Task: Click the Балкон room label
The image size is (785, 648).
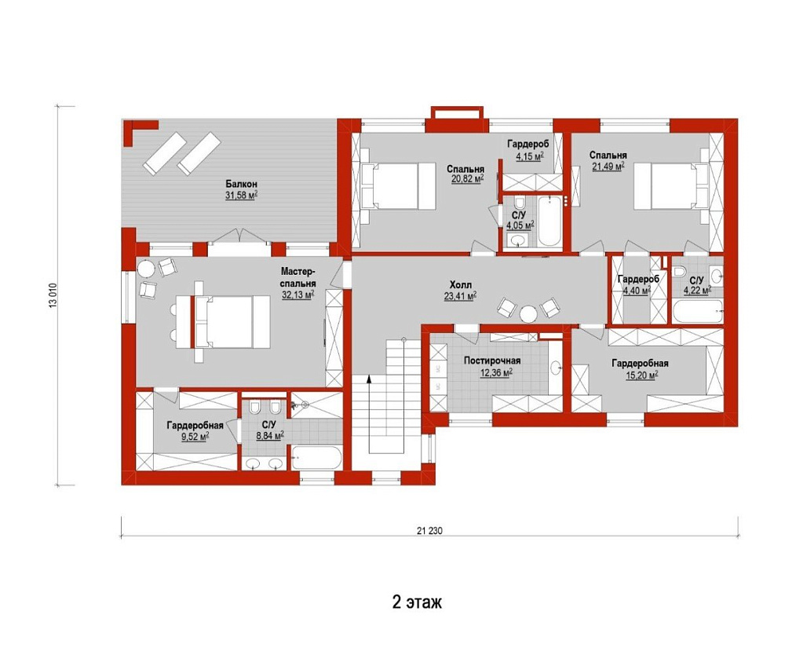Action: coord(241,185)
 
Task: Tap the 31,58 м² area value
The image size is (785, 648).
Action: coord(241,196)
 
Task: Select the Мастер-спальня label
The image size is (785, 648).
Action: coord(298,277)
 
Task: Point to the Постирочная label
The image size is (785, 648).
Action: coord(492,361)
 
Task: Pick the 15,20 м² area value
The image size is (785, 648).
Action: coord(641,375)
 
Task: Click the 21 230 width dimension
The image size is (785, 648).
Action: coord(429,531)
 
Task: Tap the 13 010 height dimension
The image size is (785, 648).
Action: coord(53,296)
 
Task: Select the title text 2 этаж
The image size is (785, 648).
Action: coord(417,602)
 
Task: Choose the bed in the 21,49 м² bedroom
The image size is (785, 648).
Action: coord(671,186)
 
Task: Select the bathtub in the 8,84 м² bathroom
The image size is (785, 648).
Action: coord(316,458)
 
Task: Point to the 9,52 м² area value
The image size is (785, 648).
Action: coord(195,437)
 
